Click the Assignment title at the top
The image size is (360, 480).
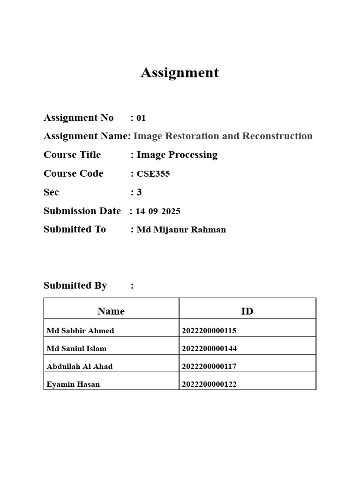(180, 73)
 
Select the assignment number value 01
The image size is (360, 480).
(141, 118)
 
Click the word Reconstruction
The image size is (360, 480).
(277, 136)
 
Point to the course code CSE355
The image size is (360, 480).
(153, 174)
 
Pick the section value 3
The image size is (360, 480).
(139, 192)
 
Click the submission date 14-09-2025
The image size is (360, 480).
(158, 211)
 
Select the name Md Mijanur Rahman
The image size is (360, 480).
(181, 230)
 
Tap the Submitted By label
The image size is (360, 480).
(75, 285)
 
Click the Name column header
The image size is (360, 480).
(111, 311)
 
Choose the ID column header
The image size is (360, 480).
(247, 311)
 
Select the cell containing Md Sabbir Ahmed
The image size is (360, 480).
(81, 330)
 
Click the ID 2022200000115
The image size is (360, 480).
(209, 330)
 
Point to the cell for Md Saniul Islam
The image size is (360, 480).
(76, 348)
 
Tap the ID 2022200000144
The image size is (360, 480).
(209, 348)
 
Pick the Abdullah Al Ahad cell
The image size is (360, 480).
(80, 366)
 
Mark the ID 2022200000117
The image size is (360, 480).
(209, 366)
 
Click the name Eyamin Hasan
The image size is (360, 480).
(73, 384)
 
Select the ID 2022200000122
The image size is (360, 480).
(209, 384)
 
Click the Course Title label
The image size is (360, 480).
(72, 155)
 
